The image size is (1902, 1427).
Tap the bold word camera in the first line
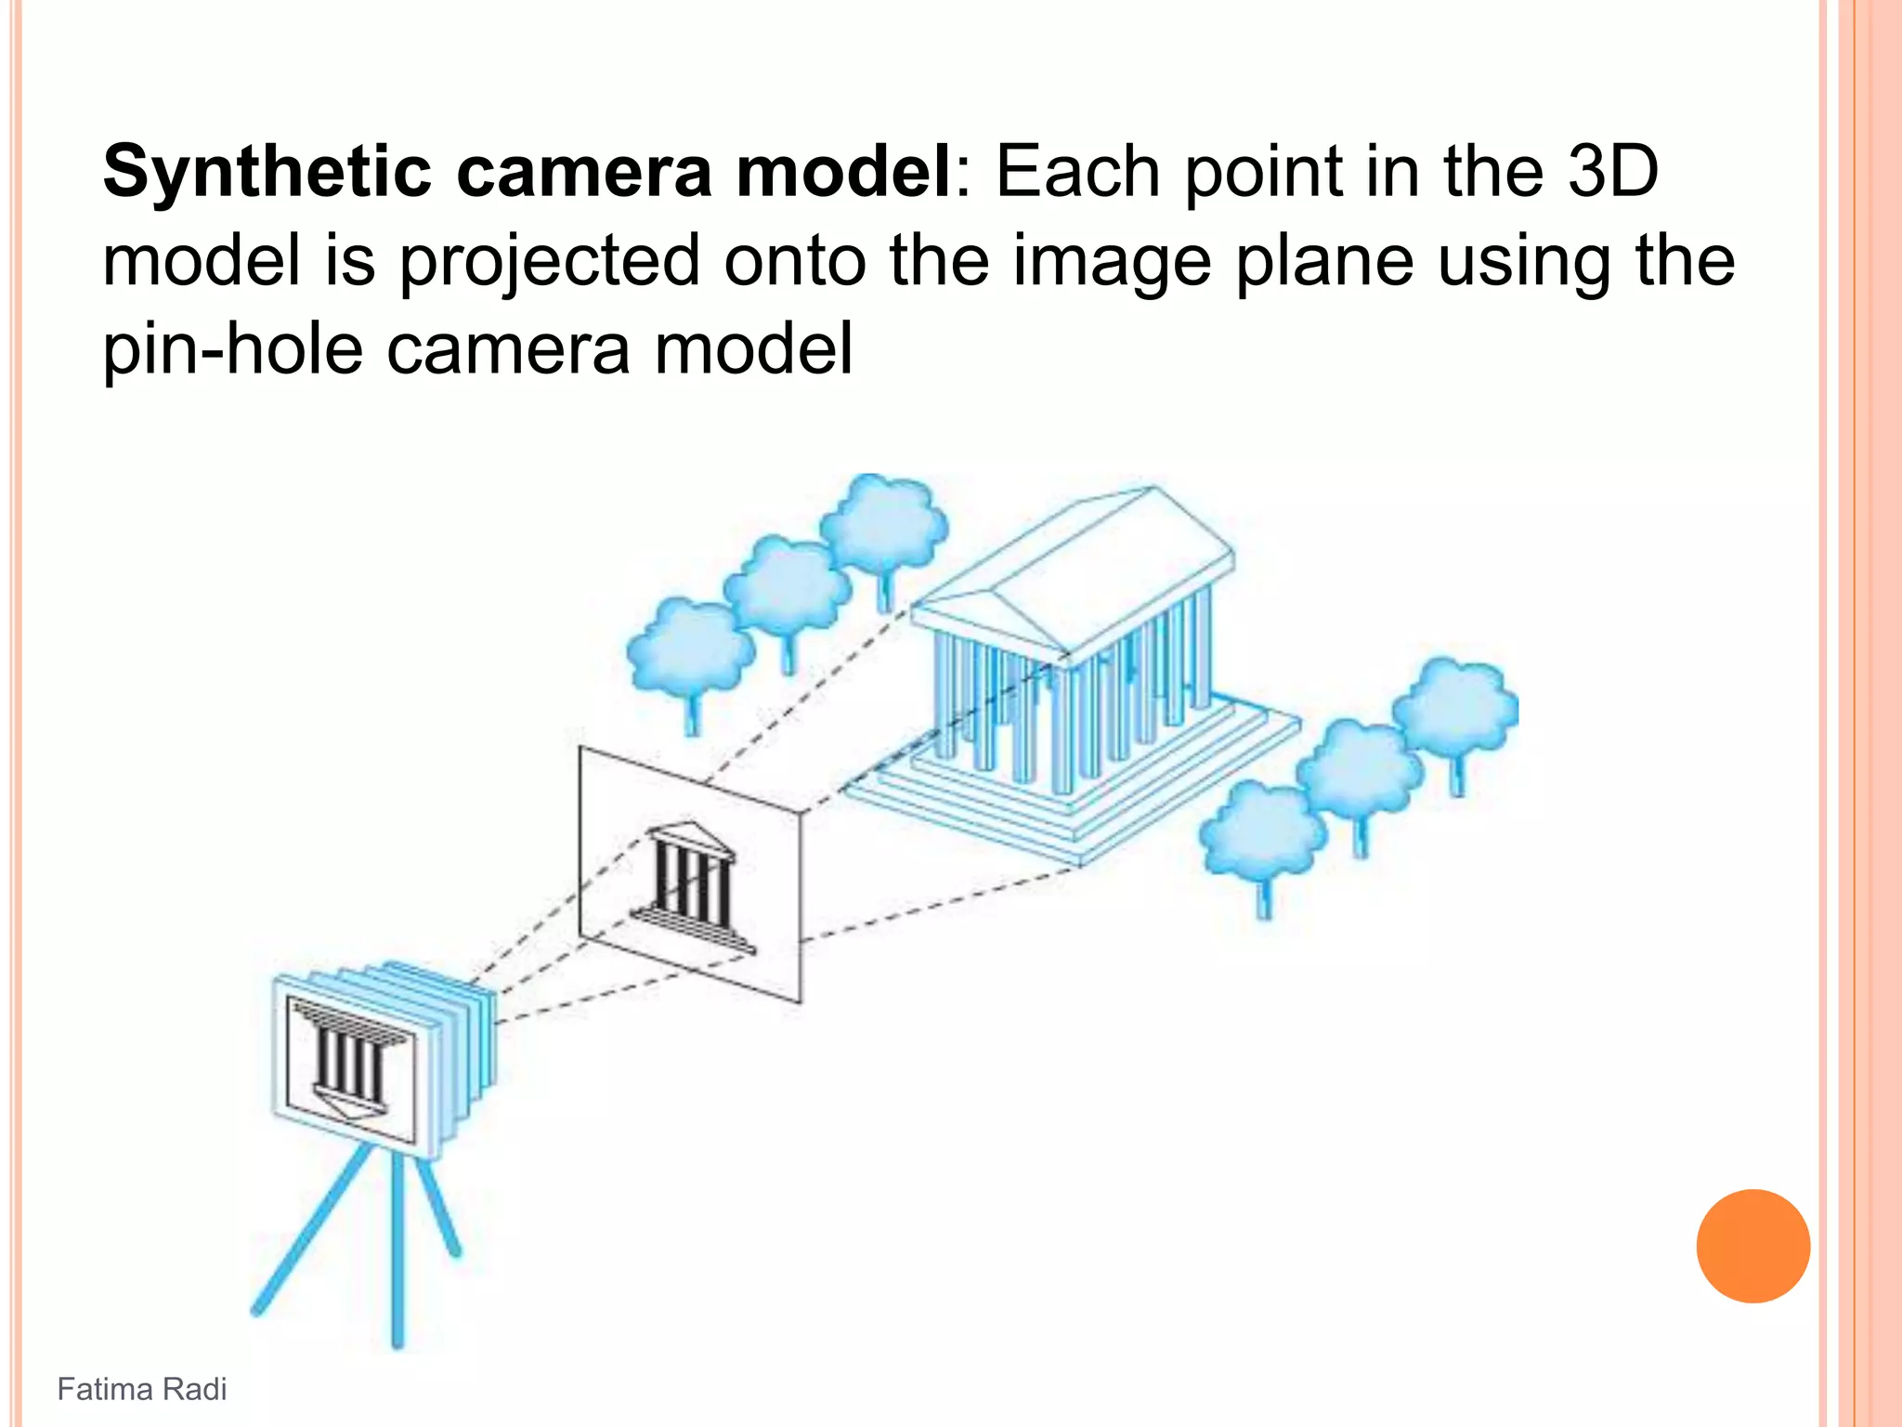(x=584, y=173)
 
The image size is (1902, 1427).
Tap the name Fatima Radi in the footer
(x=141, y=1389)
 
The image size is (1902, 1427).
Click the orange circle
(x=1752, y=1246)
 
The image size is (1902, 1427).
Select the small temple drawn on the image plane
(x=693, y=886)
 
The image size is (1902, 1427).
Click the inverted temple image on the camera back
(x=351, y=1058)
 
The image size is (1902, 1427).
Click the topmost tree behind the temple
(x=883, y=525)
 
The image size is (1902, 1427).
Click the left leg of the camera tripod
(x=306, y=1235)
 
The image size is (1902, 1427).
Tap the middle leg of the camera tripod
(x=397, y=1254)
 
